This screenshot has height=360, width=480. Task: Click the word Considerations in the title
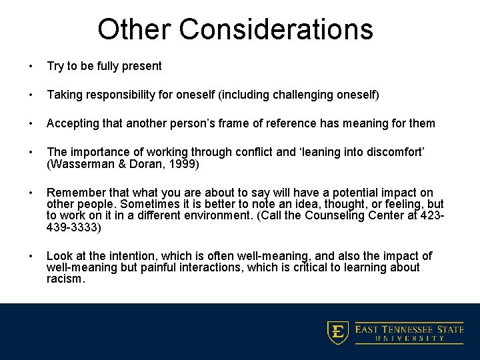click(276, 29)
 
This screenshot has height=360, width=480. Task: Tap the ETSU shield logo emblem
click(338, 332)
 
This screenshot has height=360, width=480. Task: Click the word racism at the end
click(65, 279)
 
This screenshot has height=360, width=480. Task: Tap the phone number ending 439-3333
click(73, 227)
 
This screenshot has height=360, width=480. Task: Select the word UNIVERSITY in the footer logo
click(409, 338)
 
